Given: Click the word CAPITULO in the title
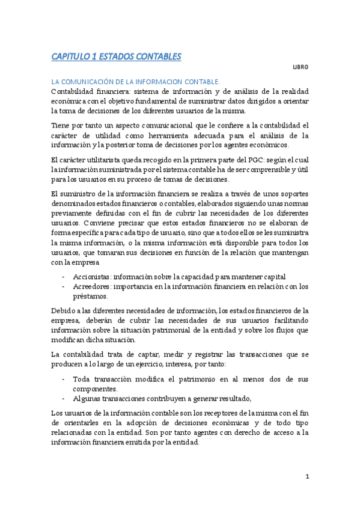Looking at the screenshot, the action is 70,57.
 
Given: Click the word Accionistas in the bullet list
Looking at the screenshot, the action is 92,276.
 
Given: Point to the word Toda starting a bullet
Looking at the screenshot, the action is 83,379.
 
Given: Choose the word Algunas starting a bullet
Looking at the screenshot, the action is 88,398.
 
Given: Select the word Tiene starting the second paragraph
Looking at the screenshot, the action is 62,125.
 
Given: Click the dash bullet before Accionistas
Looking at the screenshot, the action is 64,277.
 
